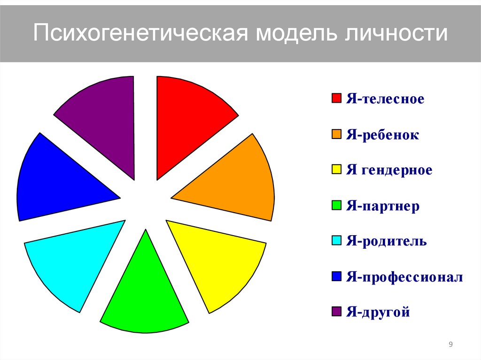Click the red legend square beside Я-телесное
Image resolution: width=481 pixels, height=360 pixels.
click(336, 99)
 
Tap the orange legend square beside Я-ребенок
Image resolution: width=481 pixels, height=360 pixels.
click(336, 135)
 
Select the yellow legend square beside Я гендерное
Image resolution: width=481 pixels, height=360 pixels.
click(336, 170)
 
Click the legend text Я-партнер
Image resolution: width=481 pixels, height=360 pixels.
click(383, 206)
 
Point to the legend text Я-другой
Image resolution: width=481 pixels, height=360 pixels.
click(378, 312)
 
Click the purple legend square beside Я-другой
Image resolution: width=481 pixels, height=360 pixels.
click(336, 311)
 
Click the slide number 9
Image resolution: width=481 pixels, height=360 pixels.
click(451, 345)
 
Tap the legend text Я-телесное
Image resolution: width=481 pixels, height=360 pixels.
click(385, 100)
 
